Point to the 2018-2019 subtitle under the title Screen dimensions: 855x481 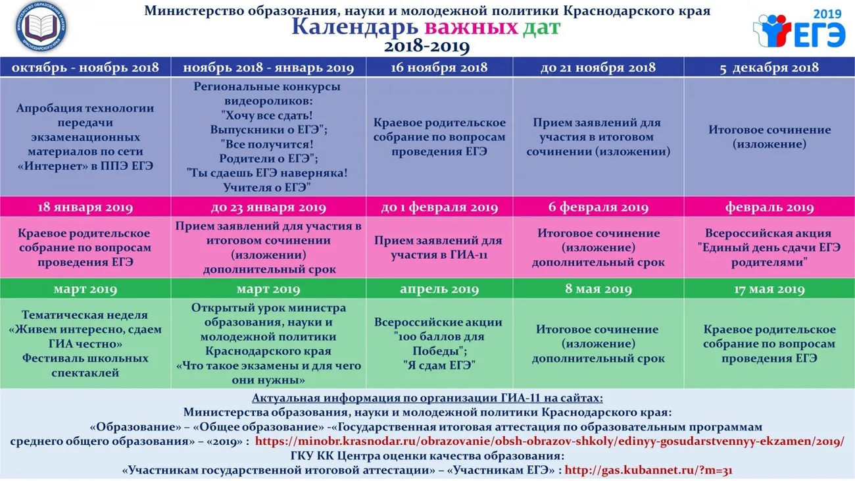click(x=427, y=47)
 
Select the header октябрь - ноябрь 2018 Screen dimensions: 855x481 click(x=85, y=68)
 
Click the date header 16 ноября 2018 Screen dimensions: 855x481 click(x=439, y=68)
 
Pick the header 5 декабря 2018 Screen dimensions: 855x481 click(x=769, y=68)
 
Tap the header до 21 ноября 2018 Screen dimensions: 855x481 click(x=598, y=68)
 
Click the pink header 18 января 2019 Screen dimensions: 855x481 click(x=85, y=208)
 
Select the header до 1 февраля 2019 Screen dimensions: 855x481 click(x=439, y=208)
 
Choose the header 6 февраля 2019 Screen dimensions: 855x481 click(x=598, y=208)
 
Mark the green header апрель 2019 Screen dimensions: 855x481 click(x=439, y=290)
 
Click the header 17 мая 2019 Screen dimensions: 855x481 click(x=769, y=290)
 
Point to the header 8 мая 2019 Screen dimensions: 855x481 click(x=598, y=290)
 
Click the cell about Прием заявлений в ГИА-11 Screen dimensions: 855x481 click(x=439, y=248)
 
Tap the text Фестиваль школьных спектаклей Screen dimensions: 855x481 click(x=85, y=365)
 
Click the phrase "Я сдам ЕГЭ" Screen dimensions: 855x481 click(x=439, y=365)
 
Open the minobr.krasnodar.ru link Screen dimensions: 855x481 click(x=549, y=442)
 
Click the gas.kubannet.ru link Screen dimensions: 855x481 click(x=648, y=470)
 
